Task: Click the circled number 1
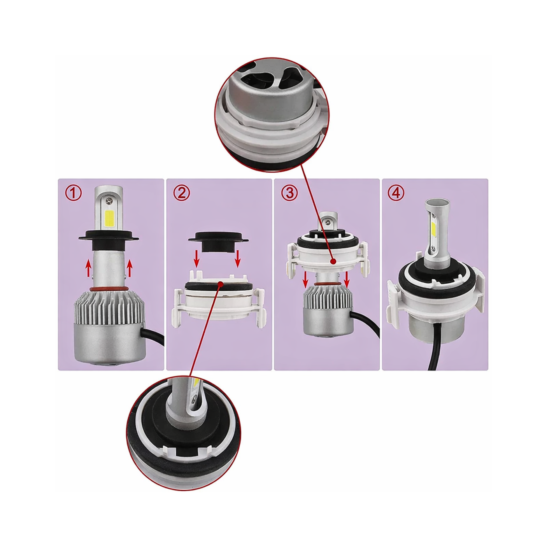tap(74, 193)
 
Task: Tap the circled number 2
tap(182, 193)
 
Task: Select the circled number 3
tap(289, 193)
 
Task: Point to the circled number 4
tap(396, 193)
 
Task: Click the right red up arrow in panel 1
tap(130, 268)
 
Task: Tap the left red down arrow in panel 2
tap(197, 258)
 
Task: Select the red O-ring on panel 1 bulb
tap(109, 289)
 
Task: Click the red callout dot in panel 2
tap(221, 284)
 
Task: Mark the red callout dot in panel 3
tap(333, 262)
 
